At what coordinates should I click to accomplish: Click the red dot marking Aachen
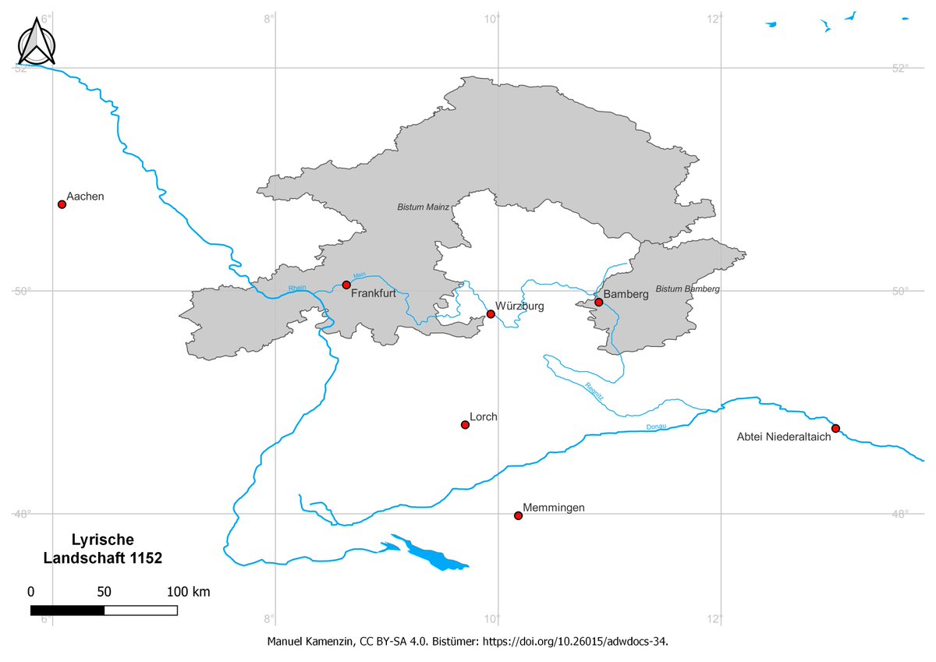[x=62, y=204]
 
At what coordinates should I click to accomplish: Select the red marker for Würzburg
[x=491, y=314]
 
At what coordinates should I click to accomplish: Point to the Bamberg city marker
[x=598, y=303]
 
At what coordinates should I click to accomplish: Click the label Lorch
[x=484, y=417]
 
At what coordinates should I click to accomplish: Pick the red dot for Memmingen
[x=518, y=515]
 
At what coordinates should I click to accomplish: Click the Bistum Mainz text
[x=423, y=207]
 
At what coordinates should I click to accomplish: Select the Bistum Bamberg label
[x=687, y=289]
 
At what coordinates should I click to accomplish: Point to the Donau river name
[x=657, y=427]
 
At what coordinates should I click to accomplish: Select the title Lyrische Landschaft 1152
[x=103, y=549]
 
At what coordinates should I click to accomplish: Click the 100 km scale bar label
[x=189, y=592]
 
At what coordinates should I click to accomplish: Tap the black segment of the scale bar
[x=67, y=610]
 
